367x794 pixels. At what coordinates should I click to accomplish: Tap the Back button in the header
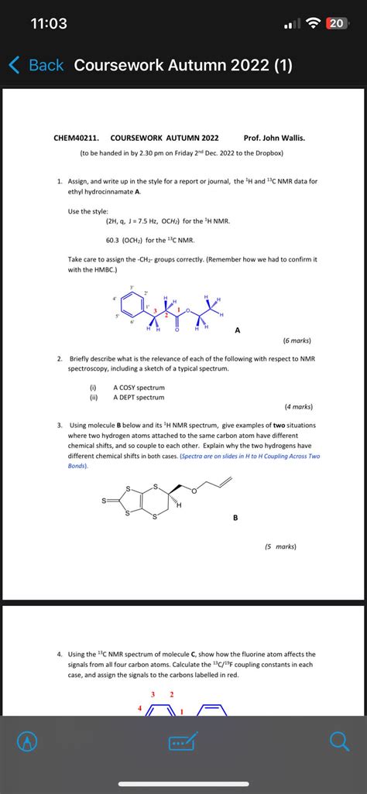point(36,65)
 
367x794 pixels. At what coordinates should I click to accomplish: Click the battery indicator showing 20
point(335,24)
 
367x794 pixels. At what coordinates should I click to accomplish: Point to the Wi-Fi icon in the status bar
point(314,24)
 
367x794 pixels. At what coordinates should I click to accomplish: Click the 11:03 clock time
point(49,24)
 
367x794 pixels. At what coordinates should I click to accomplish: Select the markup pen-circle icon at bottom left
point(28,742)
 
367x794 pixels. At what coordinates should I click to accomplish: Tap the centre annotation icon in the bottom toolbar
point(183,742)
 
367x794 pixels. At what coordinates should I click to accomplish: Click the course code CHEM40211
point(76,138)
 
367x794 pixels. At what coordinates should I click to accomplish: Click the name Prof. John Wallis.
point(274,138)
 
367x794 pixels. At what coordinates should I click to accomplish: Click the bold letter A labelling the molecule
point(238,330)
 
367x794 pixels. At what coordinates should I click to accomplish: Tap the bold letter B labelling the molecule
point(235,518)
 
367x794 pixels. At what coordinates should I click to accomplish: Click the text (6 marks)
point(298,341)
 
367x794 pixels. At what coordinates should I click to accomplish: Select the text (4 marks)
point(298,406)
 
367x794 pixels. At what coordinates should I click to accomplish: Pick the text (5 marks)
point(280,546)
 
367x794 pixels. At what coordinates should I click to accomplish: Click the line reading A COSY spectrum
point(139,387)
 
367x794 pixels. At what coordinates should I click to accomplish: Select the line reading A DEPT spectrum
point(139,397)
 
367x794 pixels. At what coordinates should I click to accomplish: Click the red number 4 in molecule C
point(141,708)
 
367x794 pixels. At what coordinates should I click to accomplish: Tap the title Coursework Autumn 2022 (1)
point(183,65)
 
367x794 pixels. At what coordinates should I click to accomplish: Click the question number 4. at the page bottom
point(60,654)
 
